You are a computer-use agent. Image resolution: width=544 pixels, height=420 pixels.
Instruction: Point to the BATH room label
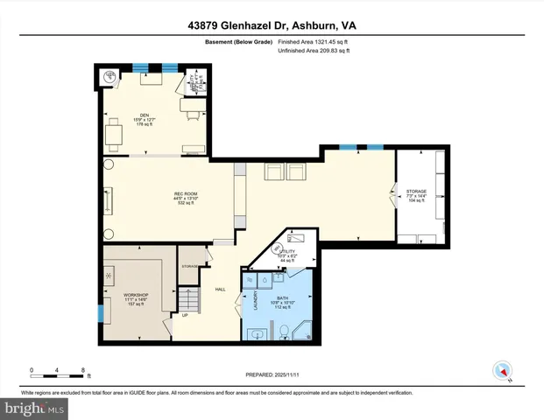[x=282, y=298]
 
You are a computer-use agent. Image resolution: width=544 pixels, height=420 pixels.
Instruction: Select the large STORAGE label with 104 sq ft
[x=415, y=190]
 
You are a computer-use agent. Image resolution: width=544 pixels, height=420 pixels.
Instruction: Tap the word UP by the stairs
[x=185, y=316]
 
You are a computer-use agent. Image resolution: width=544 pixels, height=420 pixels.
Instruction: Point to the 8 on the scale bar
[x=82, y=370]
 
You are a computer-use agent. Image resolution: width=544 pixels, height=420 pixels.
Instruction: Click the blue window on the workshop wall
[x=100, y=311]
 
